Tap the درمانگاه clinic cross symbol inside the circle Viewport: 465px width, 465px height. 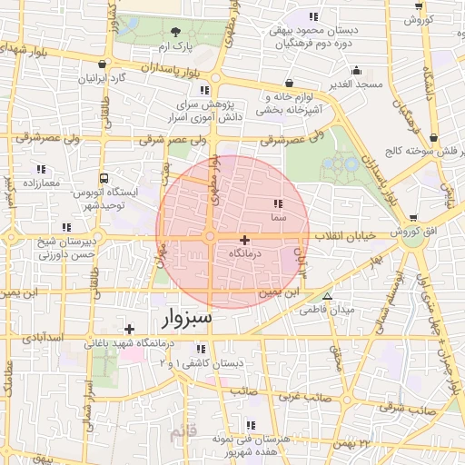(244, 239)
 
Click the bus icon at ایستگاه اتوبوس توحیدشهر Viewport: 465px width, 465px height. (104, 178)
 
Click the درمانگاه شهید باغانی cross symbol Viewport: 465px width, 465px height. (130, 329)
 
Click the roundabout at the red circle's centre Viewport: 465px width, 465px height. (210, 237)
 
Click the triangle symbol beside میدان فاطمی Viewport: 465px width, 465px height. (328, 296)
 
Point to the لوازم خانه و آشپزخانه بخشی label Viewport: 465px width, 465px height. (289, 103)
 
